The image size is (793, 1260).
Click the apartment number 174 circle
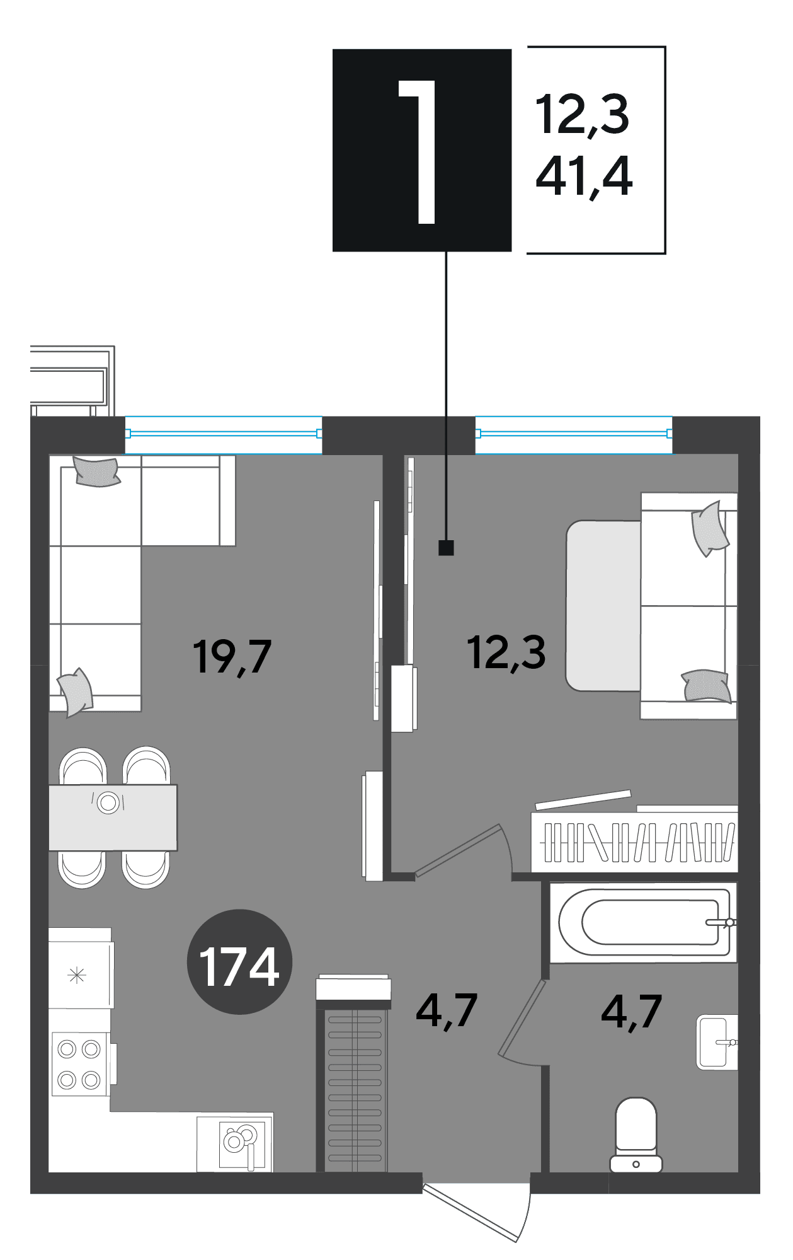point(240,962)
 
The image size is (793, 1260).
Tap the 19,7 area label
point(232,657)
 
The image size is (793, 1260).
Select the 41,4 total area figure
point(584,178)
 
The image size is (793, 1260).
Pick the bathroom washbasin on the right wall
point(717,1042)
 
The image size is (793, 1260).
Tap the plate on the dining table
point(108,802)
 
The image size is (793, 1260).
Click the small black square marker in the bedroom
point(447,548)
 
